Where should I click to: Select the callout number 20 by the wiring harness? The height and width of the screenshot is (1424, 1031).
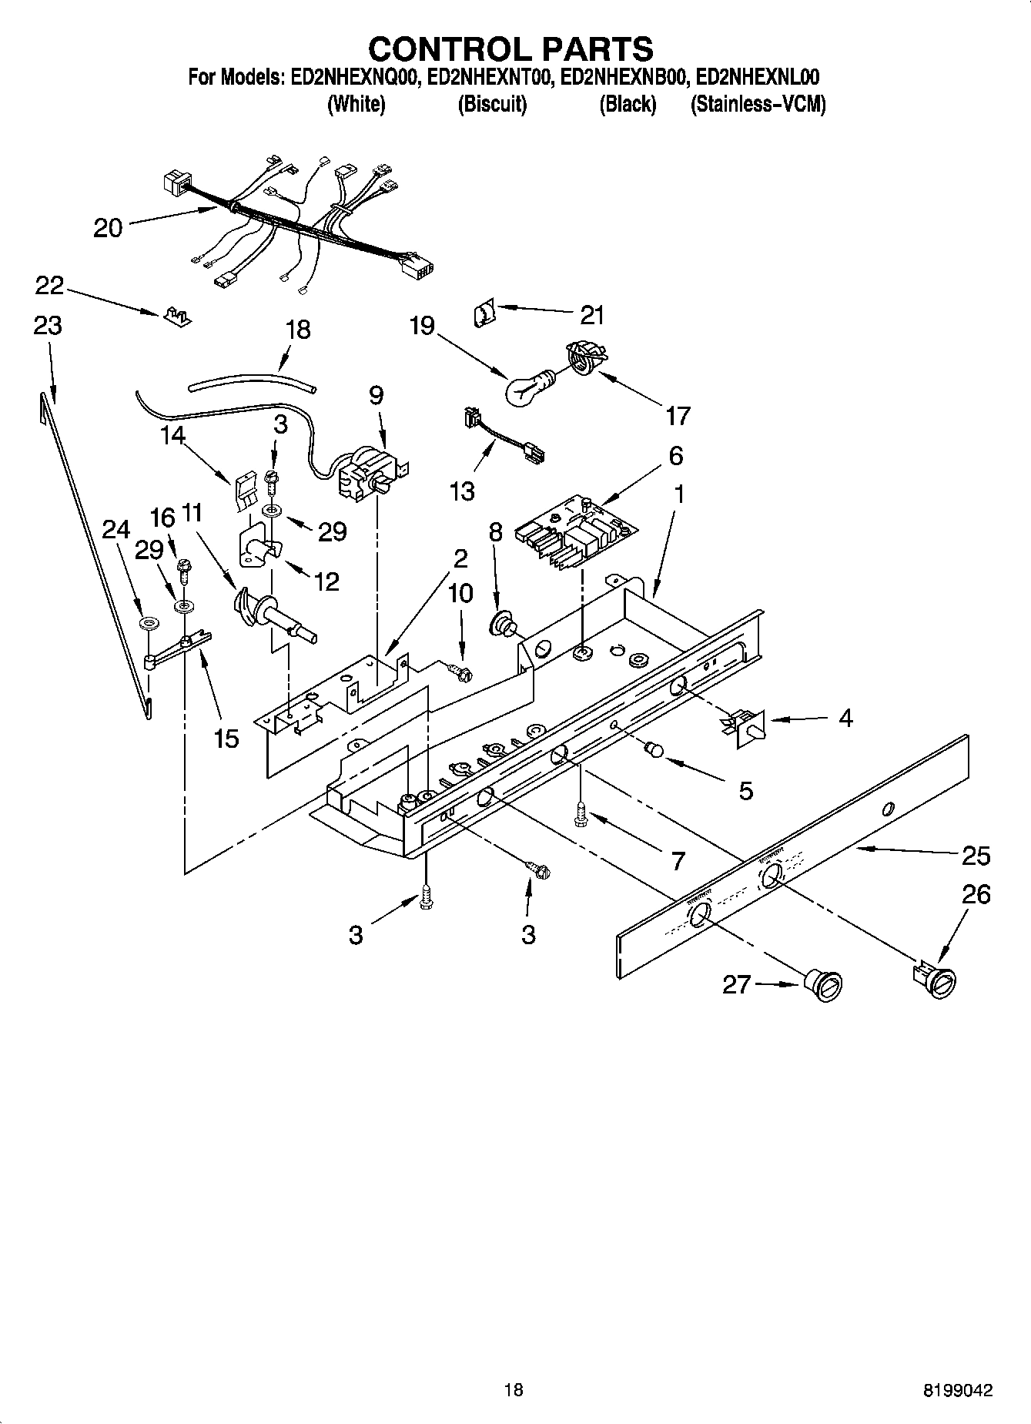[108, 228]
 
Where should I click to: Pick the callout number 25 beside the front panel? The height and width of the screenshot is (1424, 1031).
[976, 856]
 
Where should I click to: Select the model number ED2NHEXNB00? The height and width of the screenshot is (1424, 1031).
[623, 78]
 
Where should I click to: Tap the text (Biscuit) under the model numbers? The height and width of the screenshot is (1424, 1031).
[492, 105]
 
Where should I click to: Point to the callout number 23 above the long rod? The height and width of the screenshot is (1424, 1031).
[48, 326]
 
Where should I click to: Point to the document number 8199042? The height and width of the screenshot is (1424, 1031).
[958, 1390]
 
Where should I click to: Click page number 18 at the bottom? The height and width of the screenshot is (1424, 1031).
[514, 1390]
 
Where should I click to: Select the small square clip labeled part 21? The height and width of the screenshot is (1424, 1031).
[484, 314]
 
